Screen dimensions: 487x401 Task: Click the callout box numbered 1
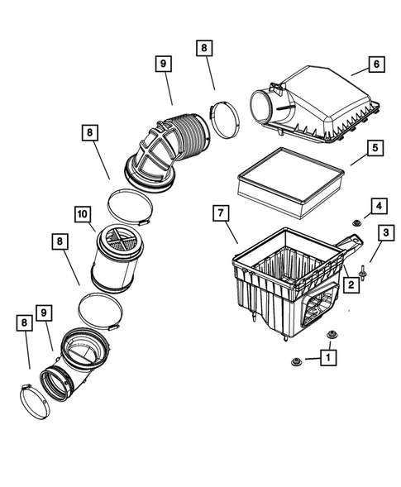pyautogui.click(x=329, y=358)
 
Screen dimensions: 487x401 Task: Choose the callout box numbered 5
pyautogui.click(x=374, y=149)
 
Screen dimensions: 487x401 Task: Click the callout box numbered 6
pyautogui.click(x=376, y=63)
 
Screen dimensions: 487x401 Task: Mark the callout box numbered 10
pyautogui.click(x=82, y=214)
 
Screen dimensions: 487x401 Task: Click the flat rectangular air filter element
pyautogui.click(x=289, y=179)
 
